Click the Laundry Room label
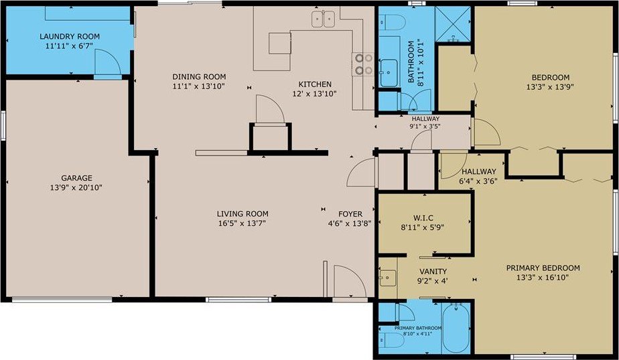70,36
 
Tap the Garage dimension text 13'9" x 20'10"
76,187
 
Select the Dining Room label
199,76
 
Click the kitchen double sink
324,19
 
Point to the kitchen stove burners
363,64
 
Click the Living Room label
243,214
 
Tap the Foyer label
350,214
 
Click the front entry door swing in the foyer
350,281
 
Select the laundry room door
107,62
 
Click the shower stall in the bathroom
453,23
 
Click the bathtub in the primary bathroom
456,328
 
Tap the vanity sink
388,278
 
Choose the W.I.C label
423,218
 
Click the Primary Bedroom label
543,268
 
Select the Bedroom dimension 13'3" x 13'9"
549,86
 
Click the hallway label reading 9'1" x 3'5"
425,127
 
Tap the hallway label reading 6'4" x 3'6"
478,181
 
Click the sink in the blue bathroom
389,72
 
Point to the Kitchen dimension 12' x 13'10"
314,94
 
